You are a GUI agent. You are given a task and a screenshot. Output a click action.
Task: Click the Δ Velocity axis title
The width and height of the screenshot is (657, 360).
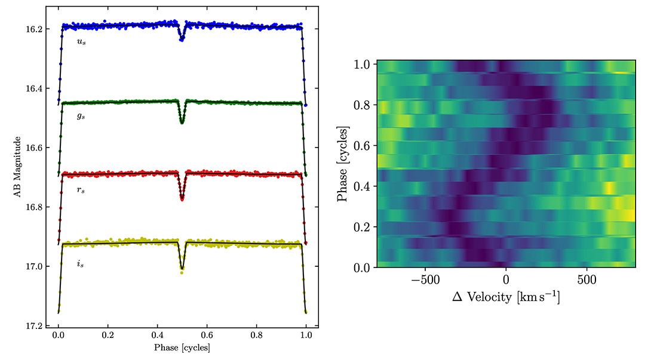point(505,297)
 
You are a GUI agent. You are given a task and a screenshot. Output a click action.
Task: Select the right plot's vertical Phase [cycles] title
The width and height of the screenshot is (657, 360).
point(343,163)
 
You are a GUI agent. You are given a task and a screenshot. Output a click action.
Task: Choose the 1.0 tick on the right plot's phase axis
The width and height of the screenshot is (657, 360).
point(364,64)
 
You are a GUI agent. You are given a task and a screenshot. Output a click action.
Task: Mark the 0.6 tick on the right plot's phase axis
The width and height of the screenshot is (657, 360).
point(364,146)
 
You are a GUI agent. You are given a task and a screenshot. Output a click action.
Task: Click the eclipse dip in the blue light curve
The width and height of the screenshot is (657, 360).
point(182,37)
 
